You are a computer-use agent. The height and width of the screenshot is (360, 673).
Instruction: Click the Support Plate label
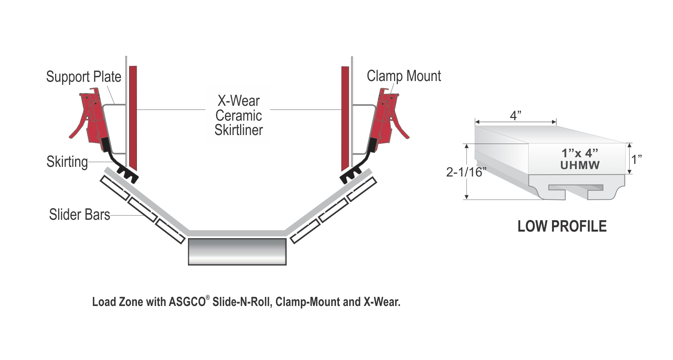click(84, 77)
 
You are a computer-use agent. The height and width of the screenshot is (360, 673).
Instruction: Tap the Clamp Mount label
click(404, 76)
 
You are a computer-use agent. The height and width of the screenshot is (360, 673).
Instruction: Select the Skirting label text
click(67, 162)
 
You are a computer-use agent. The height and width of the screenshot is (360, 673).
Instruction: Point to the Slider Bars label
click(80, 215)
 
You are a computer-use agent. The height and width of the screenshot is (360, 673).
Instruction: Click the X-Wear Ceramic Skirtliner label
click(239, 115)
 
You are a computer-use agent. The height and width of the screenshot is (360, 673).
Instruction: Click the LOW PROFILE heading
click(562, 226)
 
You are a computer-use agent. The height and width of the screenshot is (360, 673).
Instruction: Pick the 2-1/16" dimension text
click(465, 172)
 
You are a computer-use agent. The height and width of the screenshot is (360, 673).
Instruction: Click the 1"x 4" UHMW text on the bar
click(580, 159)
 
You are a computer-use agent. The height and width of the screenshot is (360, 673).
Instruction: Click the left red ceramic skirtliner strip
click(133, 117)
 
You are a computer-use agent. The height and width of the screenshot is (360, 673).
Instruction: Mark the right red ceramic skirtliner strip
click(345, 117)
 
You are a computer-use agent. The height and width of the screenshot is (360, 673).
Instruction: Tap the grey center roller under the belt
click(237, 252)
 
